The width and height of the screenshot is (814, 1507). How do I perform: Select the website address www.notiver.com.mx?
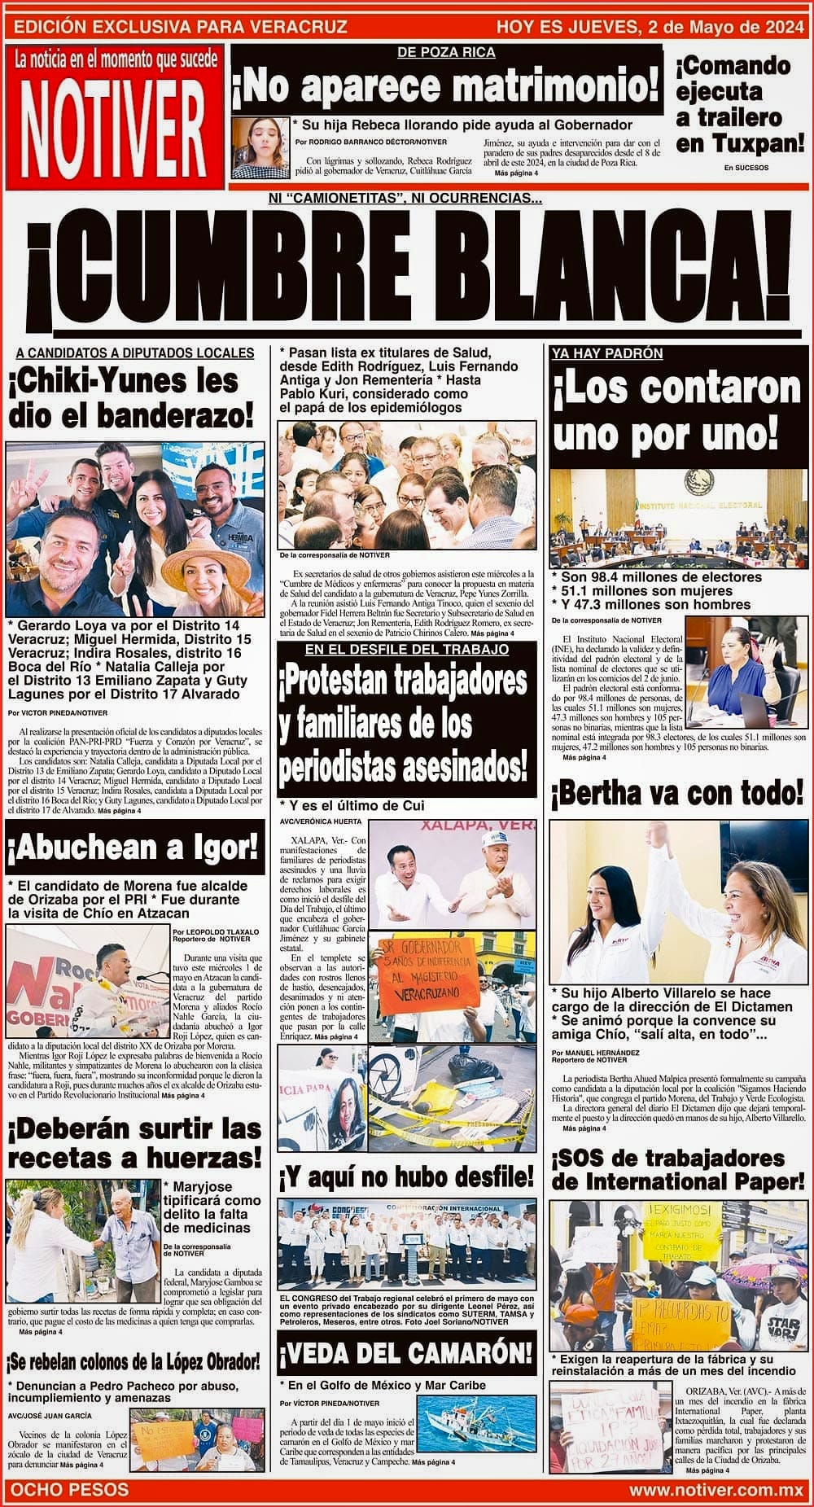[716, 1489]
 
